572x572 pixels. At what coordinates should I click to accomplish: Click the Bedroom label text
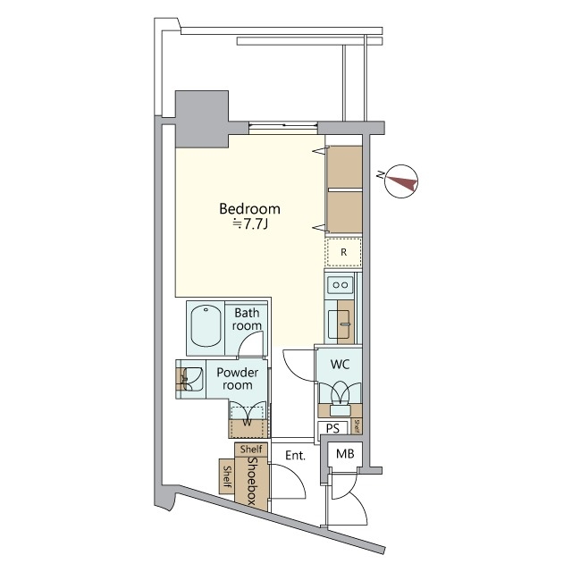249,209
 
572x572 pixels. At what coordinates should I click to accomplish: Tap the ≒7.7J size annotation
250,224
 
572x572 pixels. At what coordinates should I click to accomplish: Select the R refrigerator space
343,253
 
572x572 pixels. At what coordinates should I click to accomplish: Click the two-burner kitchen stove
341,285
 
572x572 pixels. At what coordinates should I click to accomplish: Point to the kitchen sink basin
341,324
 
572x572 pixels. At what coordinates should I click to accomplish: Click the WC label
341,365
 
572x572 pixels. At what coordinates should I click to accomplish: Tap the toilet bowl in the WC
341,395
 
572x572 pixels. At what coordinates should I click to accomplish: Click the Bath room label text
248,320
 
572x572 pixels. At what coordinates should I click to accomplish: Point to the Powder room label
237,379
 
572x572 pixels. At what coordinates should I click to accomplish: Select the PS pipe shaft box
332,428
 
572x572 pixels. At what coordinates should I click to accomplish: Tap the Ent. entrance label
295,456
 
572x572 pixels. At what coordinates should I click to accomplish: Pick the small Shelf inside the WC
357,425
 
